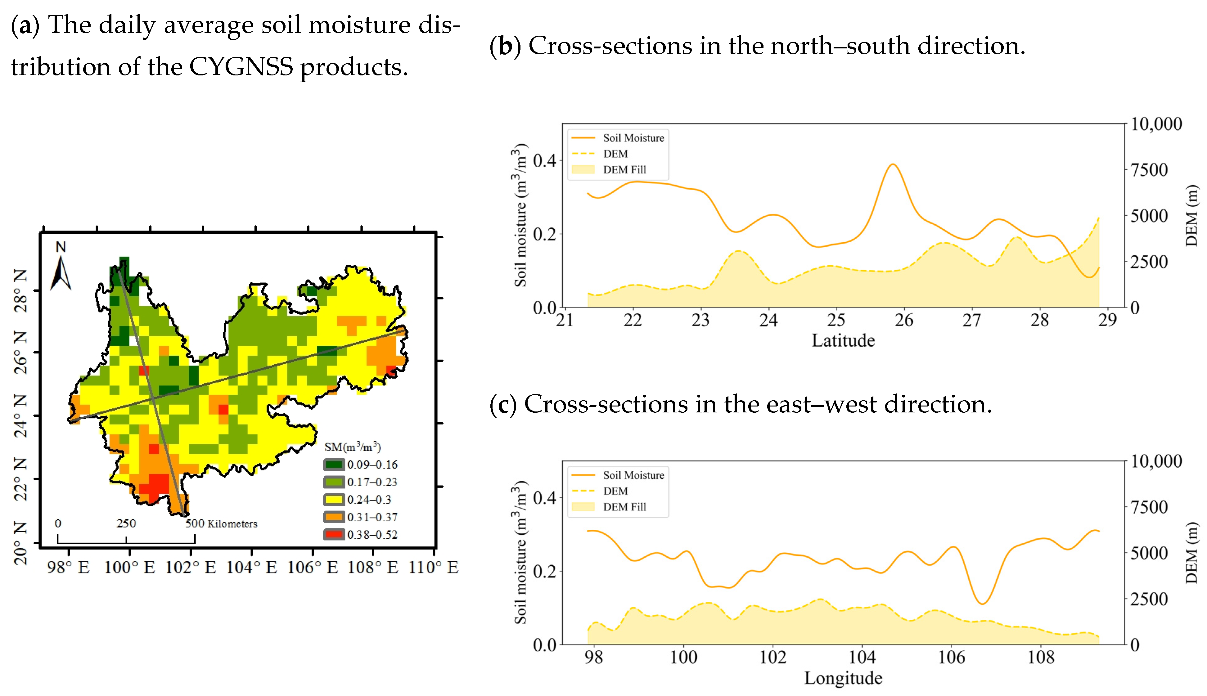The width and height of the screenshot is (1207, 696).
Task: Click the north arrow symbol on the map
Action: point(61,272)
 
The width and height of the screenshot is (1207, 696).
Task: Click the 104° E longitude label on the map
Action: point(251,568)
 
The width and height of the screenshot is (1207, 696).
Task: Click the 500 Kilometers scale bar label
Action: point(221,523)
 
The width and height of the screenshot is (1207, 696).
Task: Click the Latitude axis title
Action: point(843,340)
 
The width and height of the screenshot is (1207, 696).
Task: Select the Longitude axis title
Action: point(843,678)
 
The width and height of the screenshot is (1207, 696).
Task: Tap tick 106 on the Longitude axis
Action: point(952,657)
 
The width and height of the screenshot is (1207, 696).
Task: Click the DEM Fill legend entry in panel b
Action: point(624,170)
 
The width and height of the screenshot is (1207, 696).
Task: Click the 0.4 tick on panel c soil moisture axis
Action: point(544,498)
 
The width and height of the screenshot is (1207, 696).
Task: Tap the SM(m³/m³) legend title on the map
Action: point(352,447)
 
